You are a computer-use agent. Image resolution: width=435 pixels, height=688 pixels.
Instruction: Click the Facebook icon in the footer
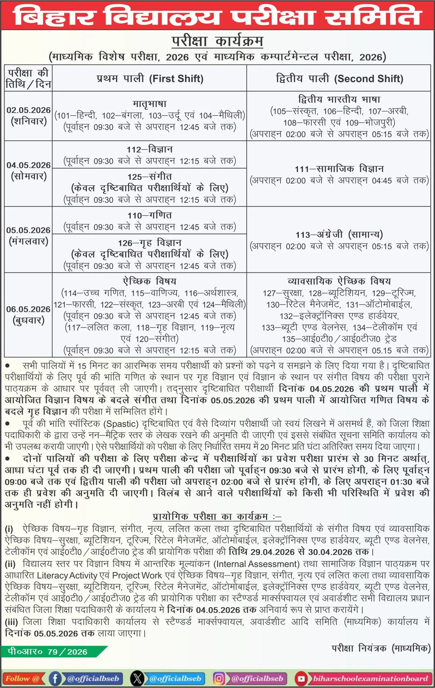55,678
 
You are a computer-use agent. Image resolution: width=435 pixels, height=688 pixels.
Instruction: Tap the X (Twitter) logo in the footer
137,678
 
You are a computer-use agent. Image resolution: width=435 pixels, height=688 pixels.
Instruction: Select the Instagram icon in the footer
219,678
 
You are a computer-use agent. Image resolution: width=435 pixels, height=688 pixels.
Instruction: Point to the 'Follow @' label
23,678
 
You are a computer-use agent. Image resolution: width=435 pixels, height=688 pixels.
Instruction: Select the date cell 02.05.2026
29,110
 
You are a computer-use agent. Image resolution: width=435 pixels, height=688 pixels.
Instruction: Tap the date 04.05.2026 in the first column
29,165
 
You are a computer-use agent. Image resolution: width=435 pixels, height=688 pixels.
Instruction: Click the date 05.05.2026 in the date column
29,230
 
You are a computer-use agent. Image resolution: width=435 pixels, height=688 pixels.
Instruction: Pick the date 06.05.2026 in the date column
29,309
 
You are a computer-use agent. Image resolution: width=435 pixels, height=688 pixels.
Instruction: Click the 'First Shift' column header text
150,79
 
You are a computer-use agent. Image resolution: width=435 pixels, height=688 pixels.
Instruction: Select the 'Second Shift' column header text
340,79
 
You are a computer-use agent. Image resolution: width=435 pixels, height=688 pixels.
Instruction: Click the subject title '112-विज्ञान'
150,149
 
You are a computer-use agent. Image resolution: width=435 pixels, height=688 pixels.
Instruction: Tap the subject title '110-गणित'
150,215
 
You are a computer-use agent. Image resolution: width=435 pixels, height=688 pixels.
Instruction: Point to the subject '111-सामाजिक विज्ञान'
339,169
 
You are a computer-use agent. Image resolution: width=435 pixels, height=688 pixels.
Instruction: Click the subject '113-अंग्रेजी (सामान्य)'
339,234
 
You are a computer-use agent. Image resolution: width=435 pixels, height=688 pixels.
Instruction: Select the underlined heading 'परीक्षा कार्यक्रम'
217,42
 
